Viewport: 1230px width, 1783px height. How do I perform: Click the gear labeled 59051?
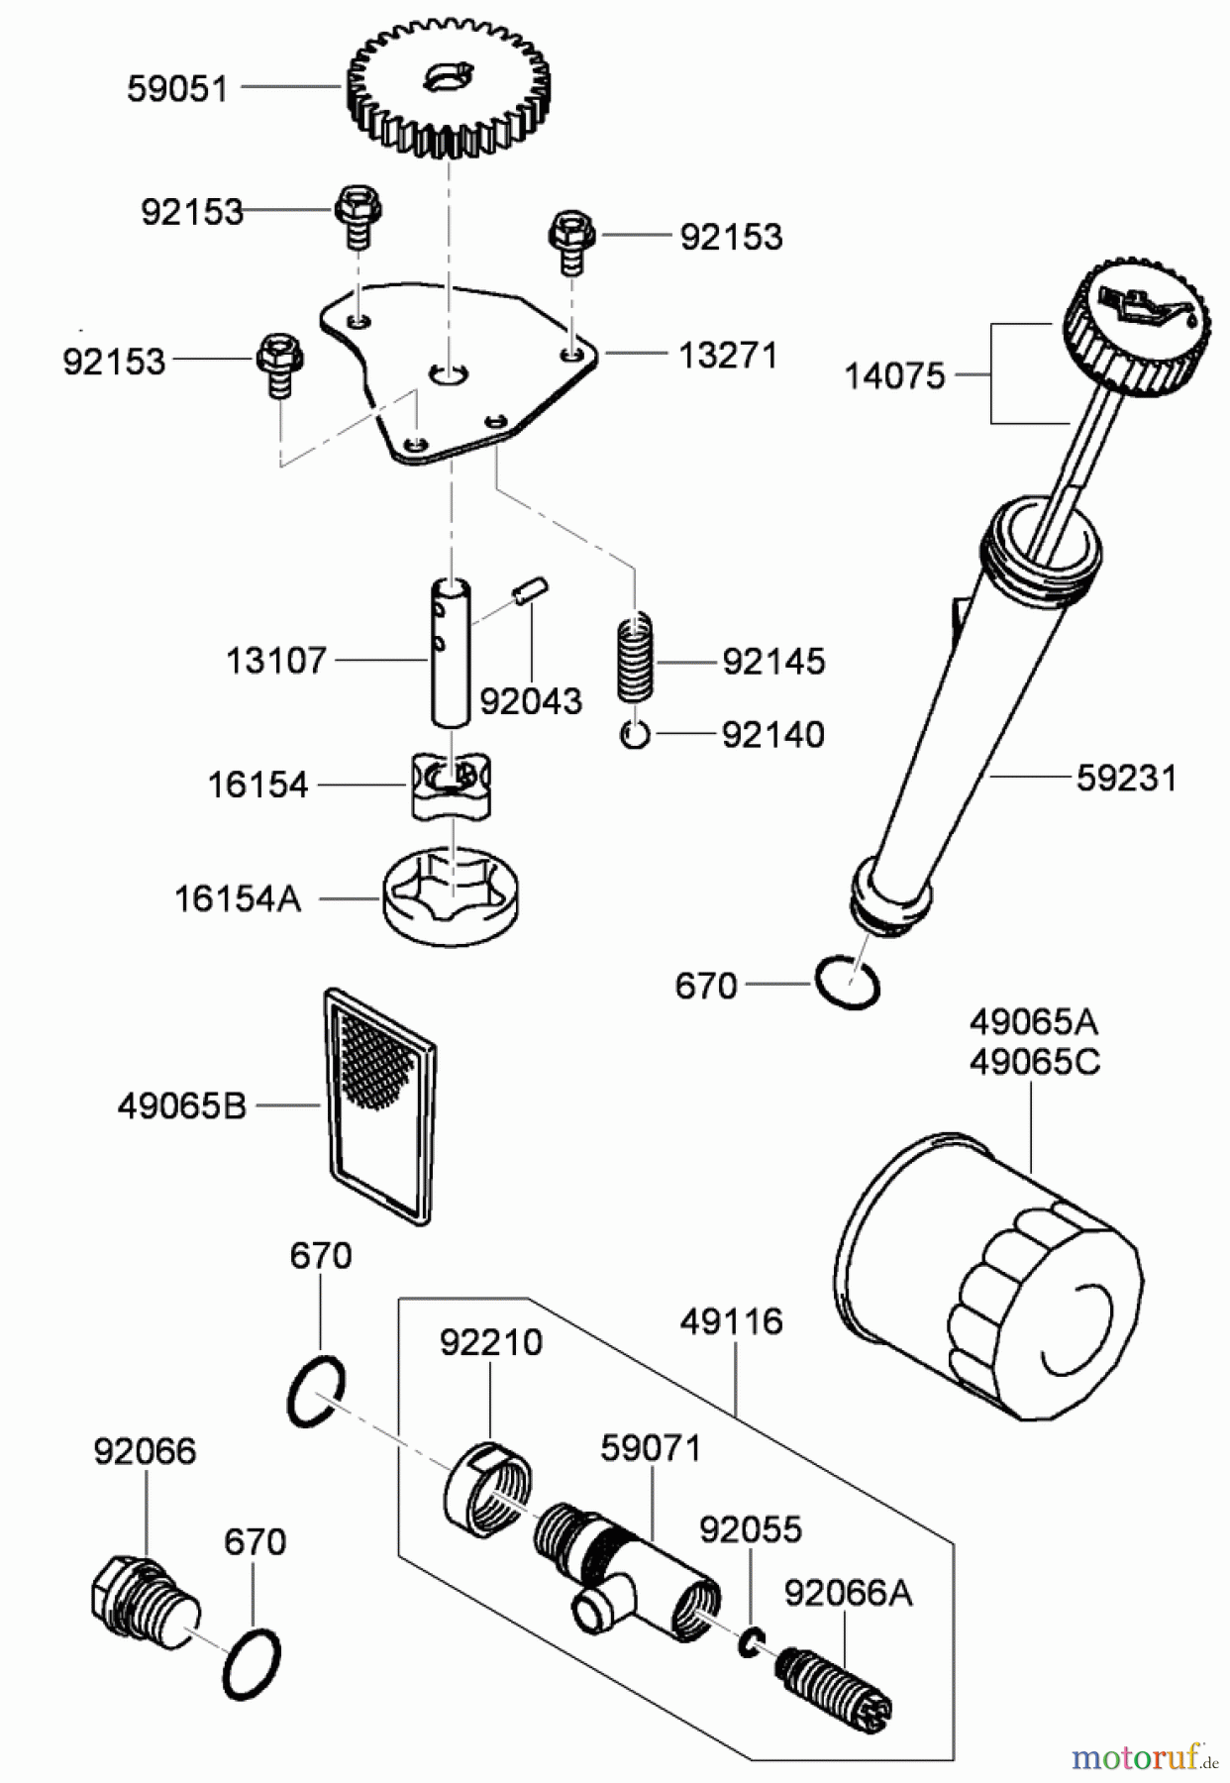[x=449, y=89]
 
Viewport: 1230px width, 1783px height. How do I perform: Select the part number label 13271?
[x=728, y=356]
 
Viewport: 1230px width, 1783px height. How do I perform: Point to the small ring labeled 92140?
[x=635, y=735]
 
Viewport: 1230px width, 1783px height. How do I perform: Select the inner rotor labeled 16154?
[x=451, y=786]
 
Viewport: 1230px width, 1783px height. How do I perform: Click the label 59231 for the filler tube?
[x=1126, y=779]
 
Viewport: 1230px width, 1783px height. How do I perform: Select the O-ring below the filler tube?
[x=848, y=984]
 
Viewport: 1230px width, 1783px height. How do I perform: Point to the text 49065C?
[x=1034, y=1062]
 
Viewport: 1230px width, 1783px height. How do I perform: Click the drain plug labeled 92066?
[x=145, y=1603]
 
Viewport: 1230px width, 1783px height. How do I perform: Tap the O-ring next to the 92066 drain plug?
[x=252, y=1664]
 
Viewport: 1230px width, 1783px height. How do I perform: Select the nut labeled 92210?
[x=487, y=1489]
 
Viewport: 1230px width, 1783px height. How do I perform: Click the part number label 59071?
[x=651, y=1448]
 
